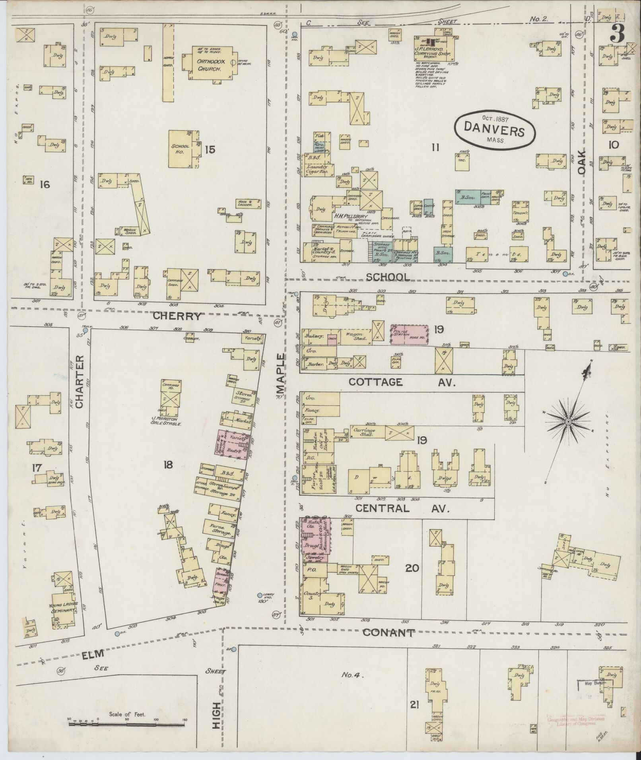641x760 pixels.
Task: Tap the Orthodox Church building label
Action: (210, 65)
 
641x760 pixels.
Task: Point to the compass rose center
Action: (569, 421)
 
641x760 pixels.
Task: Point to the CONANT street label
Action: (388, 633)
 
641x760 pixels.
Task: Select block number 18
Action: (168, 464)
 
